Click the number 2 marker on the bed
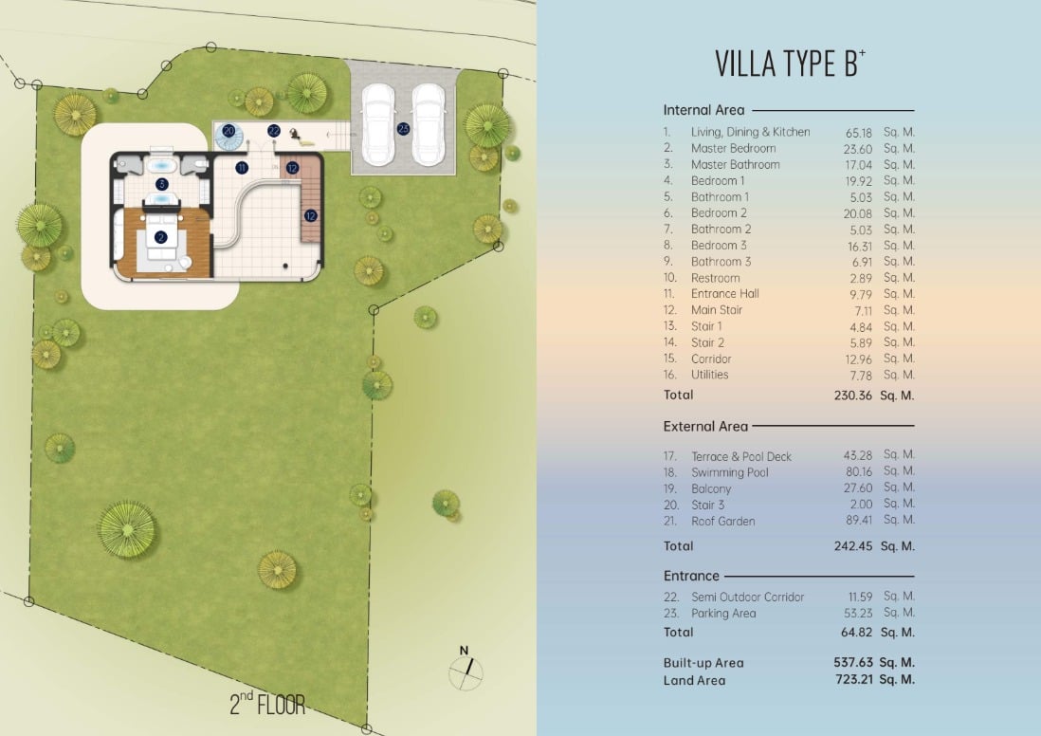(x=160, y=237)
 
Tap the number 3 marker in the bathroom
(x=161, y=184)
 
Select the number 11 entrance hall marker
(x=242, y=168)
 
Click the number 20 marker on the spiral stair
(x=229, y=131)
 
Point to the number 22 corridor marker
(x=274, y=132)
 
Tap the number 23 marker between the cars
(x=403, y=129)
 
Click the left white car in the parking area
(x=378, y=125)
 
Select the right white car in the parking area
(x=429, y=125)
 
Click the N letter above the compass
(x=464, y=651)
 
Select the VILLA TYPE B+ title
(x=790, y=64)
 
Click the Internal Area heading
(x=703, y=110)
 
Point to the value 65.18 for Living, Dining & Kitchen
(x=858, y=133)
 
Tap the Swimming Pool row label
(x=730, y=472)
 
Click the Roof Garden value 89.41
(x=859, y=520)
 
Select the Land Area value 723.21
(x=854, y=679)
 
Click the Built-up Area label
(x=703, y=663)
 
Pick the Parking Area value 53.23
(x=858, y=613)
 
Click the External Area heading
(x=705, y=427)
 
